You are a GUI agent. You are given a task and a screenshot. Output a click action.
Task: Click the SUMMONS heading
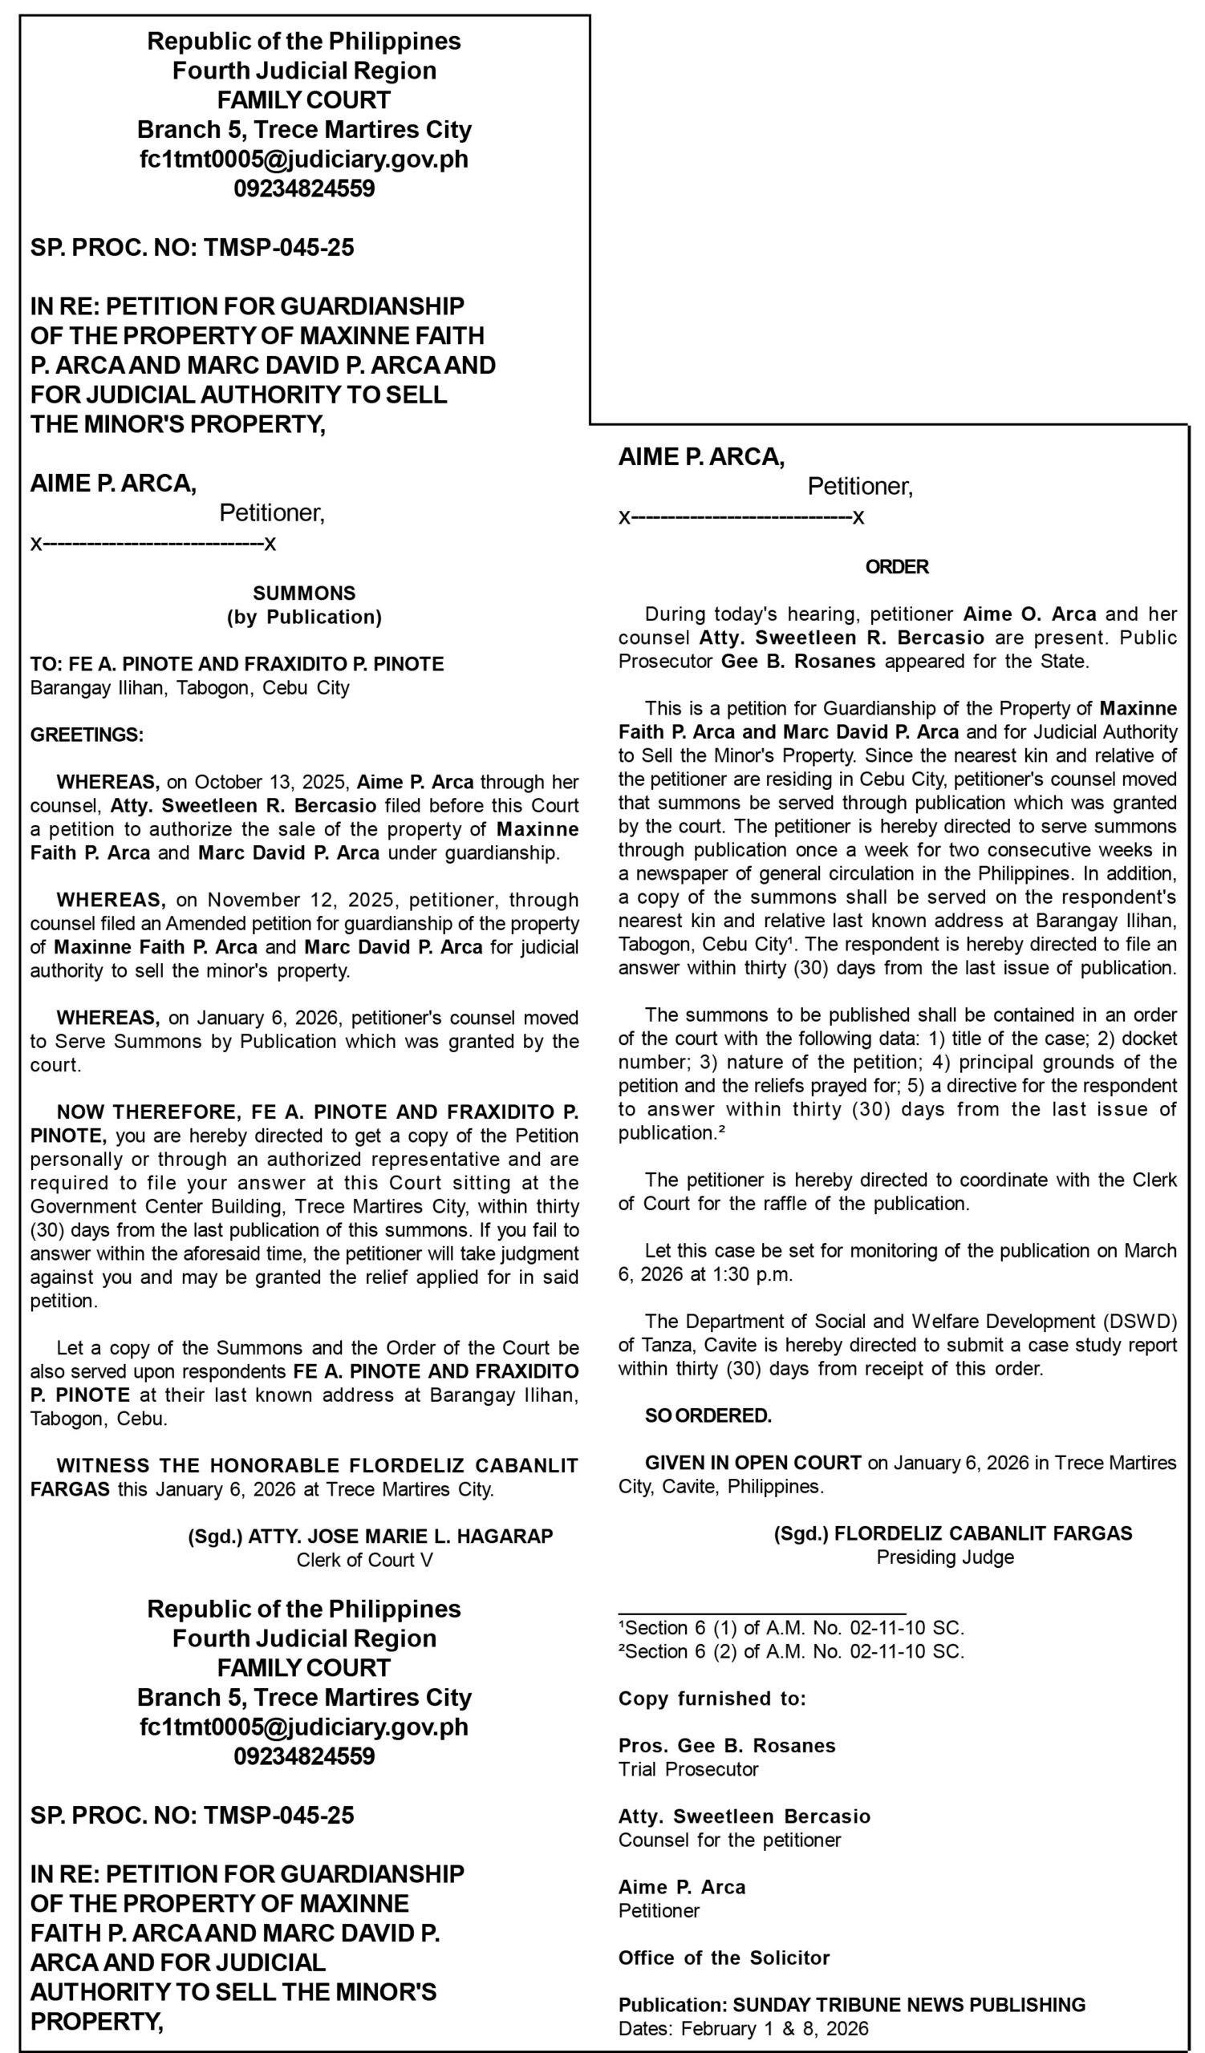coord(304,593)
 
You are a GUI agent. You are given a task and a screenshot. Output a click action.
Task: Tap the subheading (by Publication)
coord(304,617)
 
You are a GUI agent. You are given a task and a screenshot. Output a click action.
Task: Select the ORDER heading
coord(897,566)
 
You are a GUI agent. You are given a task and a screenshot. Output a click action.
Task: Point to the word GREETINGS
coord(87,735)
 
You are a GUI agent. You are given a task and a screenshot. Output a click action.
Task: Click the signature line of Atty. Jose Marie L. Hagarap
coord(370,1537)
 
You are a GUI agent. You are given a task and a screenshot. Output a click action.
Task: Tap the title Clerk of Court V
coord(364,1560)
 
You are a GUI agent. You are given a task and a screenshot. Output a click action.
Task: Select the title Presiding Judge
coord(945,1557)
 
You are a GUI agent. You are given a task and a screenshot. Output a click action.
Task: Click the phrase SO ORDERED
coord(708,1416)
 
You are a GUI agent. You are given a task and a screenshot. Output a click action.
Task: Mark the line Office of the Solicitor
coord(724,1958)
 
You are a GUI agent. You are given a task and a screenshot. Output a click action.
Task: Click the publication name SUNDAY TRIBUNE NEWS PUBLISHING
coord(908,2005)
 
